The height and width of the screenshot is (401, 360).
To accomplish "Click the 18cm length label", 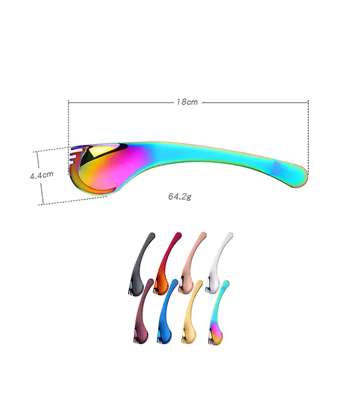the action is click(187, 102).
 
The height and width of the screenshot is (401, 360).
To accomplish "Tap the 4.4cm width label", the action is click(42, 175).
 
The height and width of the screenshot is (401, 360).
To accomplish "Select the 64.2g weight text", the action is click(180, 196).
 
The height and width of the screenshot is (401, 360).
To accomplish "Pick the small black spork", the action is click(141, 264).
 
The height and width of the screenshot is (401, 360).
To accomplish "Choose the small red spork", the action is click(167, 263).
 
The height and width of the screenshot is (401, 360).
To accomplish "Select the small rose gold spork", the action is click(192, 263).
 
